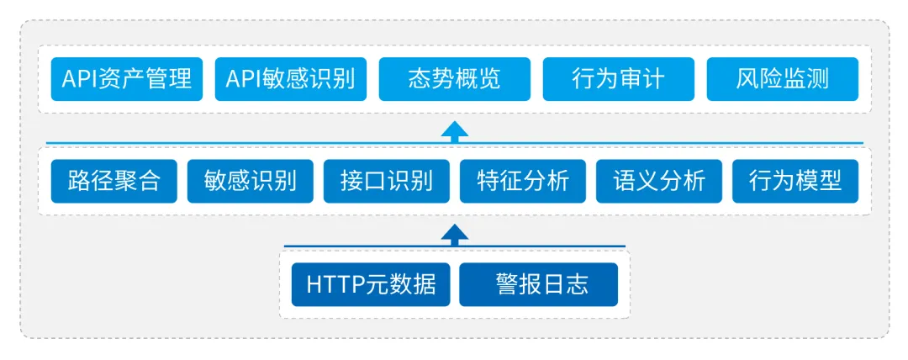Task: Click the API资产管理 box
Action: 127,79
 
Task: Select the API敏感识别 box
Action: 291,79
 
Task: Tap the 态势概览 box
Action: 455,79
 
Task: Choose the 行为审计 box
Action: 619,79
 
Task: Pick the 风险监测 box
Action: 783,79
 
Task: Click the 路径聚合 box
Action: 114,182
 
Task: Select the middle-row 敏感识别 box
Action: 251,182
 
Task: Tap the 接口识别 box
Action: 386,182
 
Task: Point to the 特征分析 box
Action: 523,182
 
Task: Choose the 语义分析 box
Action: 659,182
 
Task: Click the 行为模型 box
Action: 795,182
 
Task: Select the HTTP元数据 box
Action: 371,284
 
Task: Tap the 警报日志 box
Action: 539,284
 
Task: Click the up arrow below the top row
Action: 455,130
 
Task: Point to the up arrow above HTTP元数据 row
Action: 455,234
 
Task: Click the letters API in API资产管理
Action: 81,79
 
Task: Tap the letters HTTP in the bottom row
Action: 335,284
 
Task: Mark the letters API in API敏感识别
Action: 245,79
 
